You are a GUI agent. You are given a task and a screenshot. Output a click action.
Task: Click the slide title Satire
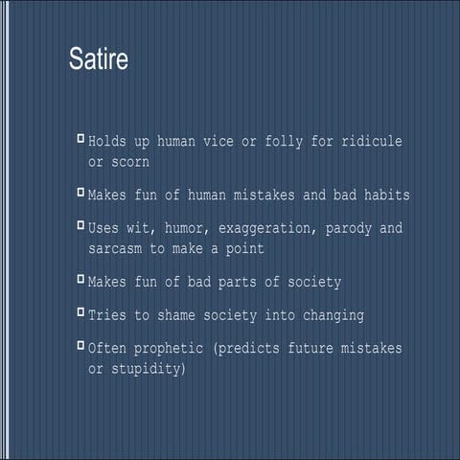(x=99, y=58)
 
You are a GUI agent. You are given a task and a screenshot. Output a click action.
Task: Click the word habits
(x=382, y=195)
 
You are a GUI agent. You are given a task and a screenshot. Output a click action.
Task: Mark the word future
(x=305, y=349)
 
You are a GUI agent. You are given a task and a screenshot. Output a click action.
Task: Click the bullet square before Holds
(x=80, y=140)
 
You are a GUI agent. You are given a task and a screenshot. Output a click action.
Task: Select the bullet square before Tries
(x=80, y=312)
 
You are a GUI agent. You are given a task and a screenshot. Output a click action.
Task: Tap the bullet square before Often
(x=80, y=347)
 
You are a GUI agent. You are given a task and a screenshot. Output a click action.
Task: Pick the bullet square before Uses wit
(x=80, y=228)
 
